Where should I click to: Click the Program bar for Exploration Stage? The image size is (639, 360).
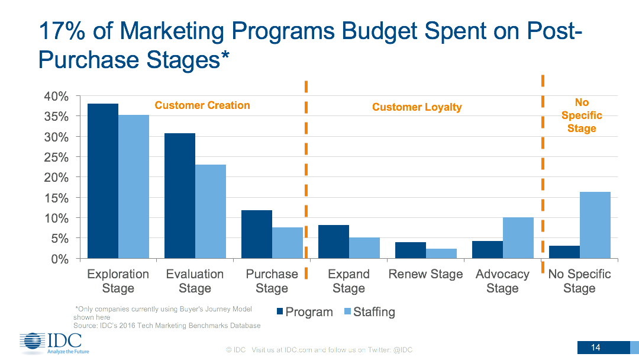coord(103,181)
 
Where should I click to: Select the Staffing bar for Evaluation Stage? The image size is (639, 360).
coord(211,211)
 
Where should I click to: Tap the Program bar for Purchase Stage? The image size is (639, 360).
coord(257,234)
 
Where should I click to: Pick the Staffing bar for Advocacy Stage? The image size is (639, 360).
coord(518,238)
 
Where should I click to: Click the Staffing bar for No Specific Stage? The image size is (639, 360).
coord(595,225)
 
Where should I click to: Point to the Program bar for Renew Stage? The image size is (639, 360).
coord(411,250)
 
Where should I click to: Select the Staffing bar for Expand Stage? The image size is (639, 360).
coord(364,248)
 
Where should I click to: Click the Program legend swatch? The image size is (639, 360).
coord(280,311)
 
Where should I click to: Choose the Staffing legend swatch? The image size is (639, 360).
coord(347,311)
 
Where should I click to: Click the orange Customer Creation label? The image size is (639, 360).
coord(202,105)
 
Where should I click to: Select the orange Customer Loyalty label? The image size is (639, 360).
coord(417,107)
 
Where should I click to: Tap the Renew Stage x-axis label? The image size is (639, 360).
coord(425,274)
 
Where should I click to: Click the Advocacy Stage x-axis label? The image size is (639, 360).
coord(502,281)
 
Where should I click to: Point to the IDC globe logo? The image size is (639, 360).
coord(32,342)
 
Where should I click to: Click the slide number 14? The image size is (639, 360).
coord(596,347)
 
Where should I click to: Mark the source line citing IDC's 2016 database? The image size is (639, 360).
coord(167,326)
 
